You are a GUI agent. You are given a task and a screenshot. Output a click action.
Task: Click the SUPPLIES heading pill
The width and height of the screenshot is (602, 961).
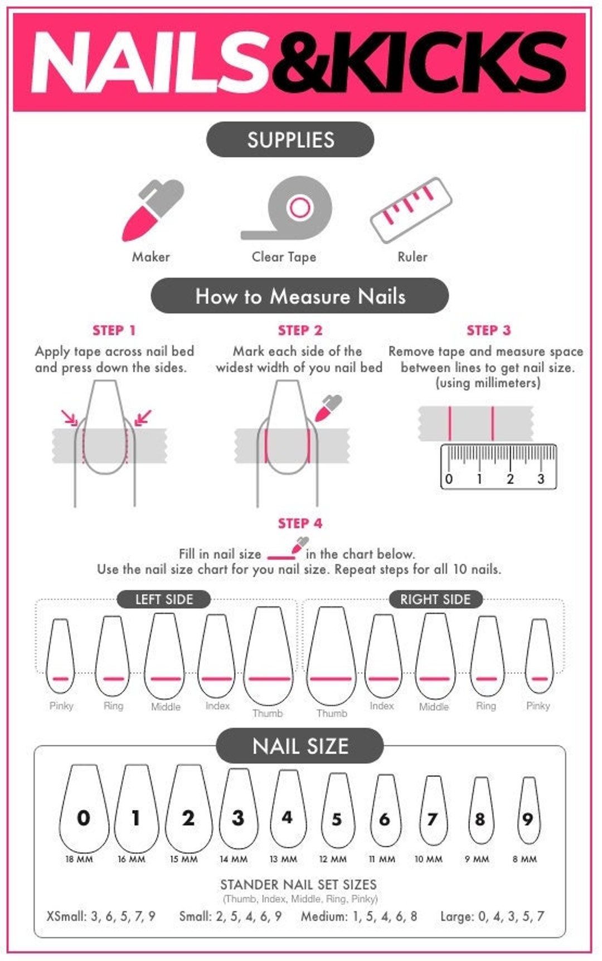290,139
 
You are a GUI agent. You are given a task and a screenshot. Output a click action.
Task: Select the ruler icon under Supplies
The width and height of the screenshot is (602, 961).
411,210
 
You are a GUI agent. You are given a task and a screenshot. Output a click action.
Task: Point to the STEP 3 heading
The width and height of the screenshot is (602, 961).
488,330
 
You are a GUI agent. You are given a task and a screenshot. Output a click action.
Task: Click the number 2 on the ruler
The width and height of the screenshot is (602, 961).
509,478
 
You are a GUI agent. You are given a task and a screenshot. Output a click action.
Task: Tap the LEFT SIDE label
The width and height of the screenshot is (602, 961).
164,599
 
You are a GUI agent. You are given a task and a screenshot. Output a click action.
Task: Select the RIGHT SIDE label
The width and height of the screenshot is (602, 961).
435,599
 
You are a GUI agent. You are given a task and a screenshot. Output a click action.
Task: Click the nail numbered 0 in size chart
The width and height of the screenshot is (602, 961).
84,808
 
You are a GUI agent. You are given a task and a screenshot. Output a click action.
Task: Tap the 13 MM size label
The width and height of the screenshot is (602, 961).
283,859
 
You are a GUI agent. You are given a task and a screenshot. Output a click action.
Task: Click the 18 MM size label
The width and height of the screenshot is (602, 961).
79,859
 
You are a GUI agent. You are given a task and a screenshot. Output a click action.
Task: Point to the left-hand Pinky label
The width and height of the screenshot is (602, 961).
61,706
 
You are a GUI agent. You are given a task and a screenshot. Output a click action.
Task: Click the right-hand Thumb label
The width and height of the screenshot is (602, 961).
332,713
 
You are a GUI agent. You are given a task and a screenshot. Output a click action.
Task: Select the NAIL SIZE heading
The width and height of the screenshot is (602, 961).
300,746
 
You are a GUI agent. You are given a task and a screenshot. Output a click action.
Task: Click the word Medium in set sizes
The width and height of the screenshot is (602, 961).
323,916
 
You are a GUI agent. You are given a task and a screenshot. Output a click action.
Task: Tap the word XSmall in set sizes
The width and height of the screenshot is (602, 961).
66,916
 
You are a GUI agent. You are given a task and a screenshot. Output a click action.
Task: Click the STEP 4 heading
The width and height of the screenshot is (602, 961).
300,523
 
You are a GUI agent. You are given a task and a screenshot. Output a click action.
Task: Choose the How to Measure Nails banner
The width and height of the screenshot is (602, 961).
300,296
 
